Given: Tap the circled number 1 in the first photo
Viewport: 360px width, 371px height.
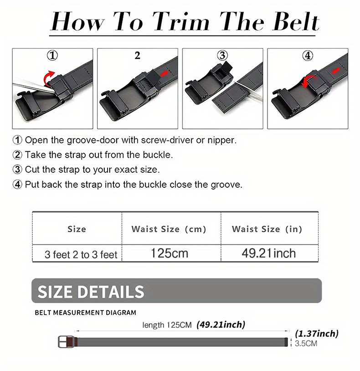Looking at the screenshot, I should point(53,56).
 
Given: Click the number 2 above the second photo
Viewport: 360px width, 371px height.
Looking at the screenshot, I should point(138,56).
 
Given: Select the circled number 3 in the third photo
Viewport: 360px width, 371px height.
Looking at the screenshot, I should point(222,56).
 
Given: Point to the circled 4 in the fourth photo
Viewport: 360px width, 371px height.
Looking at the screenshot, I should point(308,56).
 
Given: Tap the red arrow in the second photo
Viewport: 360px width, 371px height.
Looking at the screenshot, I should point(167,73).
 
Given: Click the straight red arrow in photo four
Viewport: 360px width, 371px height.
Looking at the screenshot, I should point(336,71).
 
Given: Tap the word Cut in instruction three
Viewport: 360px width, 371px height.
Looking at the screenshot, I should point(33,170).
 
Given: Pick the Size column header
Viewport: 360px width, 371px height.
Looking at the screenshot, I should point(77,229).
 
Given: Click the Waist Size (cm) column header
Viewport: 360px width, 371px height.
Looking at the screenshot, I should point(169,229).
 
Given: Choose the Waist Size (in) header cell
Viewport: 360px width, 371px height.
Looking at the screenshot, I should point(267,229).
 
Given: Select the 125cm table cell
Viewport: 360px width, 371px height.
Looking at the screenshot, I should point(169,253).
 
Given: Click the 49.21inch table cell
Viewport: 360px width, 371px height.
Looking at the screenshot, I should point(269,253).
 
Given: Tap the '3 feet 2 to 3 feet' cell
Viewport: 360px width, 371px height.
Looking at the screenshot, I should point(81,254).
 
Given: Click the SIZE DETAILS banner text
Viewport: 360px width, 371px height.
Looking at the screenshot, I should point(91,291).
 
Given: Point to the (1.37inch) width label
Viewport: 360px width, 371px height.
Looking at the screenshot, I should point(317,334).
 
